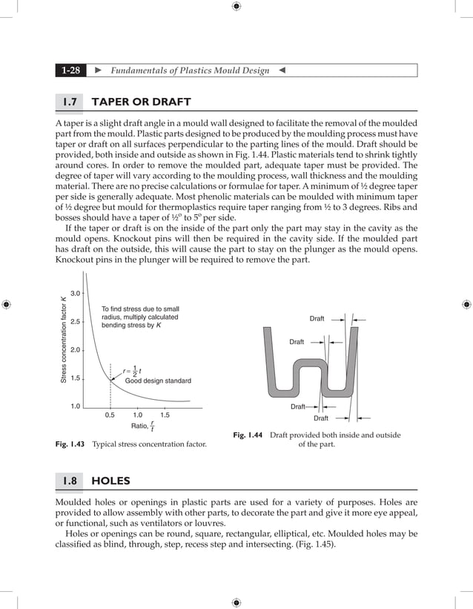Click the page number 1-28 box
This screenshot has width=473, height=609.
(x=71, y=70)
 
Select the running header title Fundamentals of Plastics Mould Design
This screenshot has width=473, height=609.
(x=189, y=70)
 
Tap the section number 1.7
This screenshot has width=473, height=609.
(x=71, y=102)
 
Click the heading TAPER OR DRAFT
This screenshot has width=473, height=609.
(x=141, y=102)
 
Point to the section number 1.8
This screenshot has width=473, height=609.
(x=71, y=481)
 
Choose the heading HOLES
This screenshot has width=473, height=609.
(x=110, y=481)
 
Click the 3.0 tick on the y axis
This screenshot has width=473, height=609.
(x=76, y=294)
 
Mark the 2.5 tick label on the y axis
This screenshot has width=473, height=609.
(x=76, y=322)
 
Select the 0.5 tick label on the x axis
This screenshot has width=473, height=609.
(x=110, y=415)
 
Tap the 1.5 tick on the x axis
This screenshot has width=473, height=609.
(x=165, y=415)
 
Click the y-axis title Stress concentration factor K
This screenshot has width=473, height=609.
(x=64, y=340)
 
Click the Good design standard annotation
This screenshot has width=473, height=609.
(x=158, y=381)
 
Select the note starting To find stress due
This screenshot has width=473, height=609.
(x=140, y=317)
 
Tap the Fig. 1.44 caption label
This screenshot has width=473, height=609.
(x=248, y=435)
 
